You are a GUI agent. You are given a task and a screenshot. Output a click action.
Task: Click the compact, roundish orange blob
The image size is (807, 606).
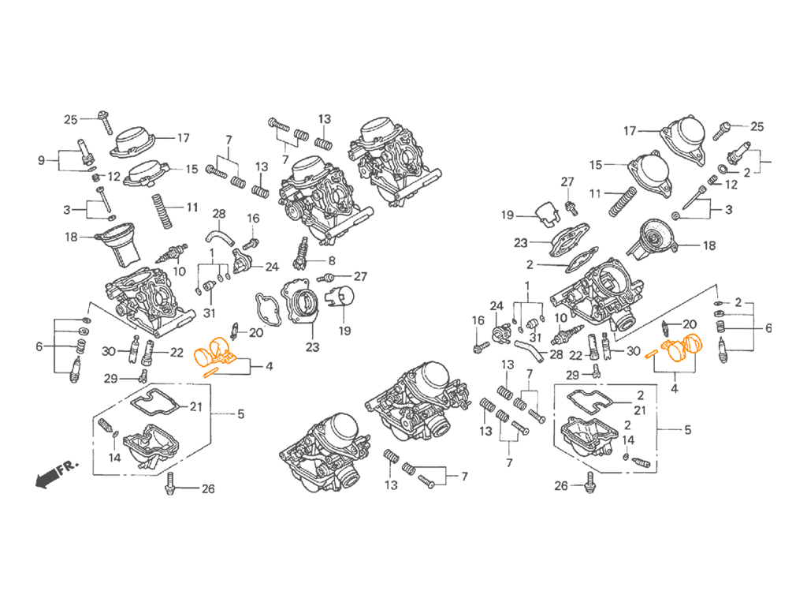pyautogui.click(x=211, y=354)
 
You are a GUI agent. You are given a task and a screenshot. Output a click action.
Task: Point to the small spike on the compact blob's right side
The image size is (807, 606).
pyautogui.click(x=237, y=347)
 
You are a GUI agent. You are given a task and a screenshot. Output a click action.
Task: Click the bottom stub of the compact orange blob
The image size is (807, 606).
pyautogui.click(x=206, y=378)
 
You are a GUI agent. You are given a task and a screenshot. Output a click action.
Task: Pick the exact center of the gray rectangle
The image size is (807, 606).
pyautogui.click(x=403, y=303)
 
